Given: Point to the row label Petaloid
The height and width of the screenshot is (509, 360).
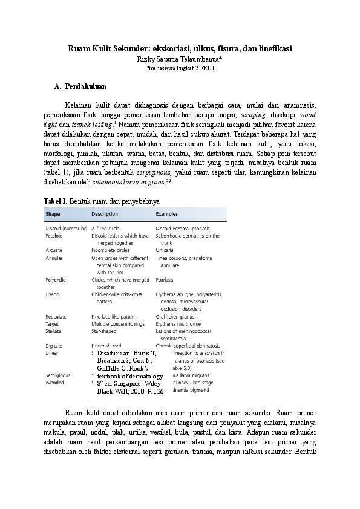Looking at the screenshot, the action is (54, 236).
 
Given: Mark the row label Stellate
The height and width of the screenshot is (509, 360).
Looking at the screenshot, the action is (53, 331).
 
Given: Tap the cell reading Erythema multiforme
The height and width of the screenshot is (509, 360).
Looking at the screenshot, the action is (177, 324).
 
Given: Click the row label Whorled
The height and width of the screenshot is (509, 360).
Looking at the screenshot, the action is (54, 383).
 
